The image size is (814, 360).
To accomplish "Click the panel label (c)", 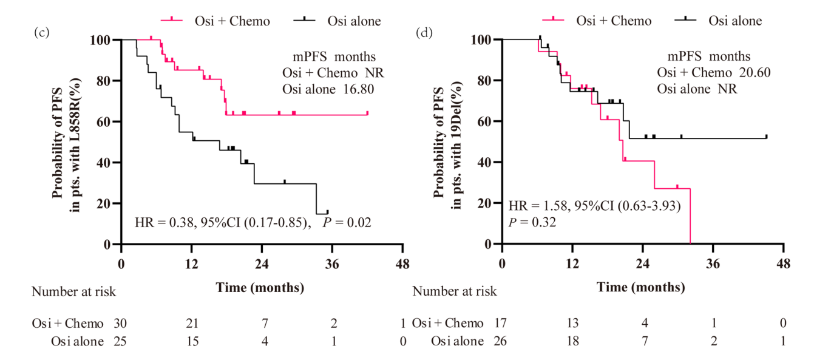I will [x=41, y=32].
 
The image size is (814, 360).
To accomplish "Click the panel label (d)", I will [x=423, y=32].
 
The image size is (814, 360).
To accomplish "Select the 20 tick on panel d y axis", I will [x=485, y=203].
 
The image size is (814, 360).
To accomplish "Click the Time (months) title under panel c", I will [x=260, y=287].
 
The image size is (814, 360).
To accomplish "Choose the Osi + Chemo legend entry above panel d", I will [x=614, y=21].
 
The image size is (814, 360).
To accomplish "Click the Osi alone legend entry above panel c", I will [x=354, y=21].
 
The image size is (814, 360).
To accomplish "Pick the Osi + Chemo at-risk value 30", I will [x=120, y=324].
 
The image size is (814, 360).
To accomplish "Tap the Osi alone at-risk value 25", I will [x=120, y=341].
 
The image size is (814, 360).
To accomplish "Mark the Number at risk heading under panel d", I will [x=455, y=291].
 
